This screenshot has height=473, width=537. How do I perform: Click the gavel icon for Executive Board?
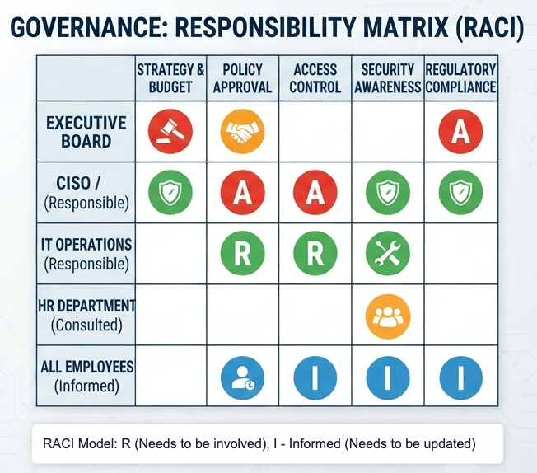[x=170, y=131]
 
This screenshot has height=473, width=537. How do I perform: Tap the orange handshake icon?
[x=242, y=131]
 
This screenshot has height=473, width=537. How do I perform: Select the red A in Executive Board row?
[x=460, y=131]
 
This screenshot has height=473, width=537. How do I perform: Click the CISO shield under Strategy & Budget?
[x=170, y=193]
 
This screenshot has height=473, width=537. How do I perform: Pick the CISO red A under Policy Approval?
[x=242, y=193]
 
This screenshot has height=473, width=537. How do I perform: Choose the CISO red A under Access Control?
[x=315, y=193]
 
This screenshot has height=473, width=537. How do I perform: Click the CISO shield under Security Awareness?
[x=388, y=193]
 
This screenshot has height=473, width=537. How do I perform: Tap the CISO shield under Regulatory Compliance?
[x=460, y=193]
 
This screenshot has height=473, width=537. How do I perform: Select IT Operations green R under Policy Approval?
[x=242, y=254]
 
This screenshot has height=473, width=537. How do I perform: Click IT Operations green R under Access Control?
[x=315, y=254]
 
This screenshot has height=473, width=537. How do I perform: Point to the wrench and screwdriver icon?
[x=388, y=254]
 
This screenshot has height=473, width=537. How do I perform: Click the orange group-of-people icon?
[x=388, y=316]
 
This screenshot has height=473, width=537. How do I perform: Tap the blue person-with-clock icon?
[x=242, y=377]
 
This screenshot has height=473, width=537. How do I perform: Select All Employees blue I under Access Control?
[x=315, y=377]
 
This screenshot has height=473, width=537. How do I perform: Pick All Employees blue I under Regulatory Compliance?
[x=460, y=377]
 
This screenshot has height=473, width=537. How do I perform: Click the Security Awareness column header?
[x=388, y=78]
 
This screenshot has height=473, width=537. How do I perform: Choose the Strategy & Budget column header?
[x=170, y=78]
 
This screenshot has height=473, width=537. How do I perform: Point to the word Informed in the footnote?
[x=315, y=444]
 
